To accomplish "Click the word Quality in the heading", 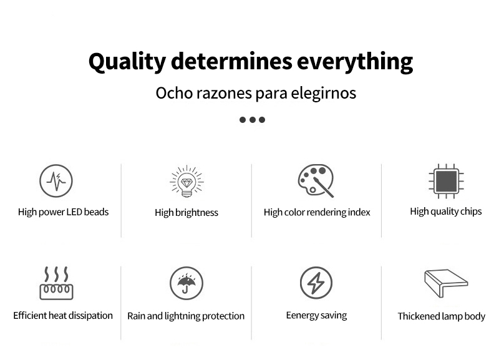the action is click(127, 62).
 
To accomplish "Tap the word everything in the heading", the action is click(355, 62).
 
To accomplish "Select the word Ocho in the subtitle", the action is click(174, 93).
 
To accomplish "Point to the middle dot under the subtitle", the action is click(253, 120).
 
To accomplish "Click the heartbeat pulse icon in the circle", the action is click(56, 181).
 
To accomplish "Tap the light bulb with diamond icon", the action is click(187, 182).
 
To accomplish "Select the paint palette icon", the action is click(316, 180).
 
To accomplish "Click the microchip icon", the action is click(446, 181).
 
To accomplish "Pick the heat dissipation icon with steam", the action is click(56, 283).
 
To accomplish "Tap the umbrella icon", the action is click(187, 283).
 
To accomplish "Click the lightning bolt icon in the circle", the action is click(316, 283).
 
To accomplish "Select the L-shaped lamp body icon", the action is click(446, 283).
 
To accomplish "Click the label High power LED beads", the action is click(64, 212).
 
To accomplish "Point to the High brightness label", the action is click(187, 213).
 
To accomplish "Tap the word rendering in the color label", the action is click(326, 212).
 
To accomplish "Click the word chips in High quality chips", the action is click(471, 212).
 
